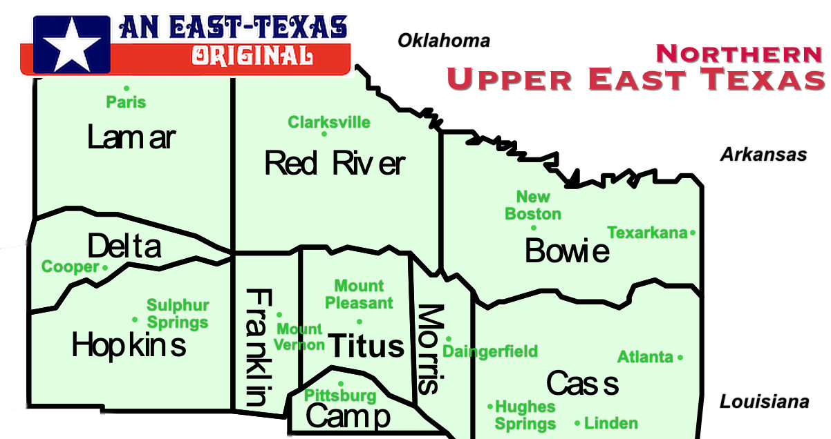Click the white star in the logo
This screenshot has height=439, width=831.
point(71,44)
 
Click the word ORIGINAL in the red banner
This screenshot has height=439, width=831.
point(252,55)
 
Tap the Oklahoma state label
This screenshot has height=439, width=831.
point(443,41)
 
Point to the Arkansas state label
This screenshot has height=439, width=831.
point(763,155)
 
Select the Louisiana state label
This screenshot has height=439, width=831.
point(764,402)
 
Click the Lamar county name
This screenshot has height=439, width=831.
point(131,138)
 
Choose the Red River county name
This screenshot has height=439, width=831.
point(335,164)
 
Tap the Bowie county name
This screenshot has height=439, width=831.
point(567,251)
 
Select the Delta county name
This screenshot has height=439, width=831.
point(124,246)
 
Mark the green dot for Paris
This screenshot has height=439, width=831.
point(127,88)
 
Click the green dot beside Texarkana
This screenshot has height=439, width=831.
point(693,233)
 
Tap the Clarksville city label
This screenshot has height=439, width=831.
point(329,122)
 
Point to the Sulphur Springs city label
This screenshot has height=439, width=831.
point(178,314)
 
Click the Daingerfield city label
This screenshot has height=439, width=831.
point(490,352)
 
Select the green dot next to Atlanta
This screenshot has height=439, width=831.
point(680,358)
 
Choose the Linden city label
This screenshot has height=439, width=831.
point(611,423)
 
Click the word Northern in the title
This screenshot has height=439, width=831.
point(739,53)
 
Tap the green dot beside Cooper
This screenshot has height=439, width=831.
point(105,267)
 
